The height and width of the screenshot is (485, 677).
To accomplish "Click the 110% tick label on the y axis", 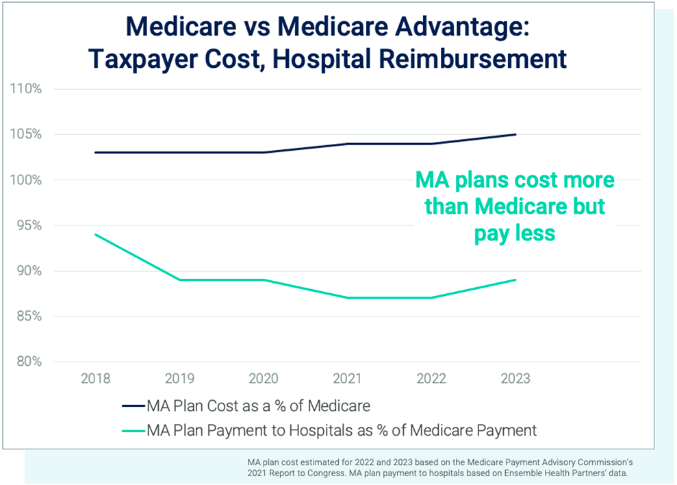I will coord(25,89).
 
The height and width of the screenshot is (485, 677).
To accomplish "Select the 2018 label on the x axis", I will coord(95,378).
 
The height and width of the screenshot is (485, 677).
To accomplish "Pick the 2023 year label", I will coord(515,378).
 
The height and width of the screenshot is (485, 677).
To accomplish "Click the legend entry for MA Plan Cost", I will coord(258,406).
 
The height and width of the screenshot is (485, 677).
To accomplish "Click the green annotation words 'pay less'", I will coord(515,233).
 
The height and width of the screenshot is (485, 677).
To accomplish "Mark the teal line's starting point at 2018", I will coord(95,234).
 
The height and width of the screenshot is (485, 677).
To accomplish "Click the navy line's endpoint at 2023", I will coord(515,134).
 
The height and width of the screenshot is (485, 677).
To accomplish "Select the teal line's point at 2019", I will coord(179,279).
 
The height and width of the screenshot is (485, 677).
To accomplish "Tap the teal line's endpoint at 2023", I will coord(515,279).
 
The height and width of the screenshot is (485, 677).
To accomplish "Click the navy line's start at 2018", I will coord(95,152).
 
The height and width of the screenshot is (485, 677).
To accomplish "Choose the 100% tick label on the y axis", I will coord(25,180).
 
